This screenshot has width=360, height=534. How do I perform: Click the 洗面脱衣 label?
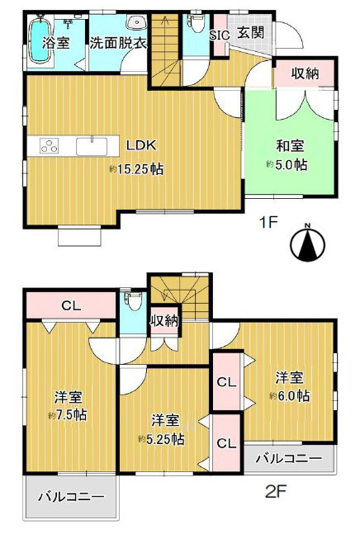coord(118,42)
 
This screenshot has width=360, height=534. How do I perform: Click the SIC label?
coord(220,35)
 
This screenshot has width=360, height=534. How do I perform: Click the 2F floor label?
coord(274,493)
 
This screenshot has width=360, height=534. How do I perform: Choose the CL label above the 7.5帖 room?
coord(71,305)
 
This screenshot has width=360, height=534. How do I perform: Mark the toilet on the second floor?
coord(130,300)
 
